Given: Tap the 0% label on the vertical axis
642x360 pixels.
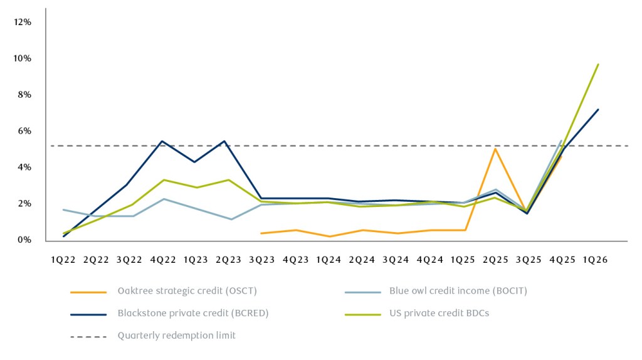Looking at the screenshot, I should [24, 240].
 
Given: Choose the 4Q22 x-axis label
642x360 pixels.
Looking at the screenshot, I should [162, 259].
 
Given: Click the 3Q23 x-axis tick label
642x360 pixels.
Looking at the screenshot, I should [261, 259].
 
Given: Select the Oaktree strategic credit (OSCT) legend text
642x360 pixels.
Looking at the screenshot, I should [187, 291].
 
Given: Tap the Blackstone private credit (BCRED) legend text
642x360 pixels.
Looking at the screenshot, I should [193, 313].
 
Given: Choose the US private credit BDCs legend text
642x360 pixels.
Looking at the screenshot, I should [439, 313].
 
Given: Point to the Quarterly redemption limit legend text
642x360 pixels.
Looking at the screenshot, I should [177, 336].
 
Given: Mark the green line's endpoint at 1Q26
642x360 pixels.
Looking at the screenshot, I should [599, 64].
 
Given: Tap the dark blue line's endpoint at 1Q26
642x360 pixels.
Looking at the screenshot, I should [599, 110].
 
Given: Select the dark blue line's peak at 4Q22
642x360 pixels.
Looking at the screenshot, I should [162, 141].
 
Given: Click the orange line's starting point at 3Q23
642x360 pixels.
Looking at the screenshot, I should [261, 233].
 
